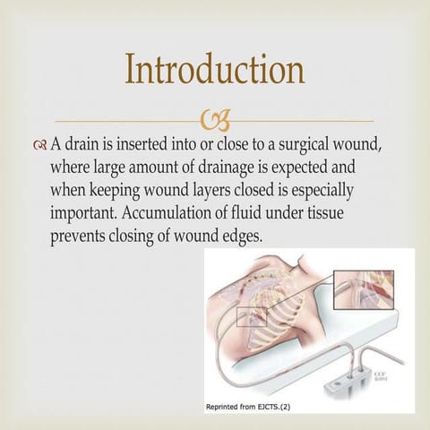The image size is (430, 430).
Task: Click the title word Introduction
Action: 214,70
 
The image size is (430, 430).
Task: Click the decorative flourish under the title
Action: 215,119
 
